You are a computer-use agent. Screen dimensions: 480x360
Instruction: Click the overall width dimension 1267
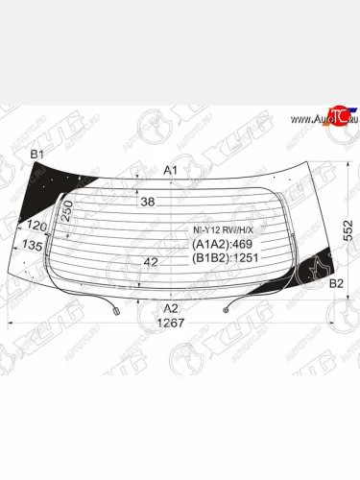pos(170,324)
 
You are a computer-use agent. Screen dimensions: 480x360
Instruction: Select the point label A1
pos(171,170)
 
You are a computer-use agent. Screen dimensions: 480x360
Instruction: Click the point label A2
pos(170,307)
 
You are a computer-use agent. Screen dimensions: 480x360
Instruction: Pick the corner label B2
pos(336,283)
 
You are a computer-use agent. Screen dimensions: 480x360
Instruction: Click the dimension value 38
pos(147,203)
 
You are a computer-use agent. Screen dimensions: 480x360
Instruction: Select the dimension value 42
pos(150,261)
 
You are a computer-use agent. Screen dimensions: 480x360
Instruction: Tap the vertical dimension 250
pos(68,210)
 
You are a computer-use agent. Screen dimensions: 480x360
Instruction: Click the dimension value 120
pos(37,226)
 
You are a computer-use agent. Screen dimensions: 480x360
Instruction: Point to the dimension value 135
pos(33,246)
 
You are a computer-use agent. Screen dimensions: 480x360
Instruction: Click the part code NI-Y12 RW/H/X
pos(219,230)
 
